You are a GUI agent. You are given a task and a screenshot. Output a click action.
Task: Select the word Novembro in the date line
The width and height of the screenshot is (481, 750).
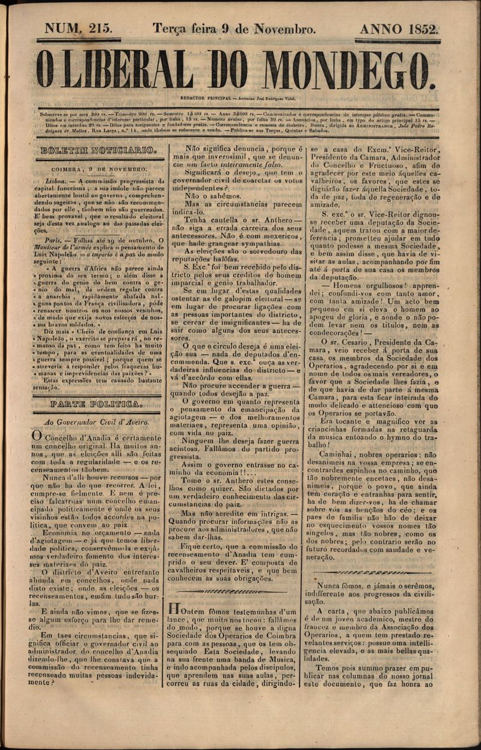click(284, 28)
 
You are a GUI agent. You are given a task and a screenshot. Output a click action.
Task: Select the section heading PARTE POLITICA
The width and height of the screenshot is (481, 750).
click(97, 404)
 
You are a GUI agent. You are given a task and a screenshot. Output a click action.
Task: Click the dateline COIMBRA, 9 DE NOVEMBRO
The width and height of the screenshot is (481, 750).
click(99, 170)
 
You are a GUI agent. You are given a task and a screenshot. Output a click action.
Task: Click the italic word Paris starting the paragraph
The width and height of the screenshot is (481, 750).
click(54, 240)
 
